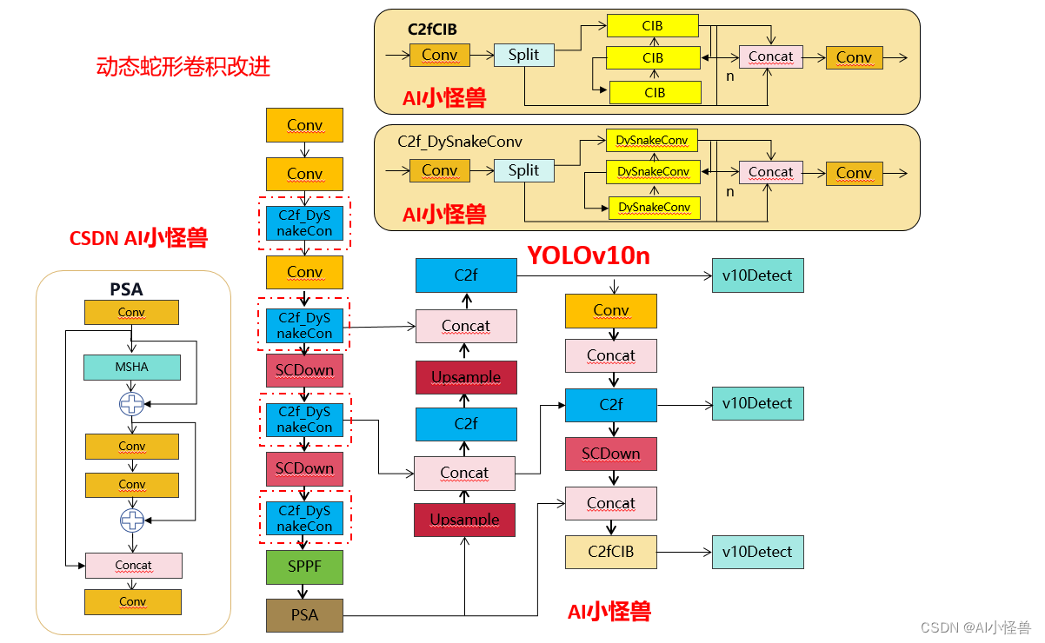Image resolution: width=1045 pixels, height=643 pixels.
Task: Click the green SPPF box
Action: tap(304, 567)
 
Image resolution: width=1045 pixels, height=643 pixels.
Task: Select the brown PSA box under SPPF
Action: tap(304, 615)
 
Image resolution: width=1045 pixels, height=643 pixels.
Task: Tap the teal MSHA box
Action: tap(131, 368)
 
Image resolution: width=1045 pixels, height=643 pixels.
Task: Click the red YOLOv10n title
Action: tap(589, 255)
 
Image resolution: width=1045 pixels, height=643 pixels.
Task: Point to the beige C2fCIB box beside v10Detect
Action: tap(610, 552)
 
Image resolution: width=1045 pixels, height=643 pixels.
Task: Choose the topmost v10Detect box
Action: tap(757, 275)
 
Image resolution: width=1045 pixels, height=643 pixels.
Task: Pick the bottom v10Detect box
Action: tap(757, 552)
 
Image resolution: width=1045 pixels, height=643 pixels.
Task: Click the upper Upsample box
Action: tap(465, 377)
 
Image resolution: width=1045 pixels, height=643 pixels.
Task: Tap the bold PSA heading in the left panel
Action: tap(126, 288)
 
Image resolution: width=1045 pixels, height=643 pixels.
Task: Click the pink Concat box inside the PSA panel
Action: tap(133, 565)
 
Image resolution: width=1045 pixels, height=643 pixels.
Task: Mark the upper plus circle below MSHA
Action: tap(131, 403)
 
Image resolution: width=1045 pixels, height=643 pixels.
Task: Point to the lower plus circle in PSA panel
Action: tap(131, 520)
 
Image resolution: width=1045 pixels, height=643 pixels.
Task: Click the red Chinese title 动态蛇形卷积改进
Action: tap(183, 67)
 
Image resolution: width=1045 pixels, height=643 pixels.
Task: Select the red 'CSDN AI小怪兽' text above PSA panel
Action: tap(138, 238)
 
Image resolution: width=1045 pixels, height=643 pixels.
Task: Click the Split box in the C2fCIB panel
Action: tap(523, 55)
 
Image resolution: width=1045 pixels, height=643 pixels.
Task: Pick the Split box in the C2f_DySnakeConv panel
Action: tap(523, 170)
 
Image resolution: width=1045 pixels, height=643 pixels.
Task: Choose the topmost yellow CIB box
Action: tap(653, 26)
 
